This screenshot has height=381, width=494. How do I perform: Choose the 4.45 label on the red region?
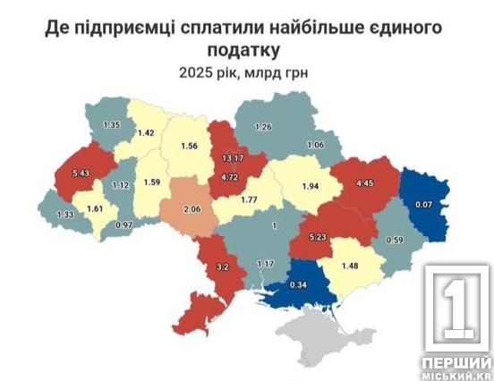[x=364, y=183]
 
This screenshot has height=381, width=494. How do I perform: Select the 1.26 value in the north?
[x=262, y=127]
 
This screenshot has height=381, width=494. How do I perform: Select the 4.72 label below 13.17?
[x=228, y=179]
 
